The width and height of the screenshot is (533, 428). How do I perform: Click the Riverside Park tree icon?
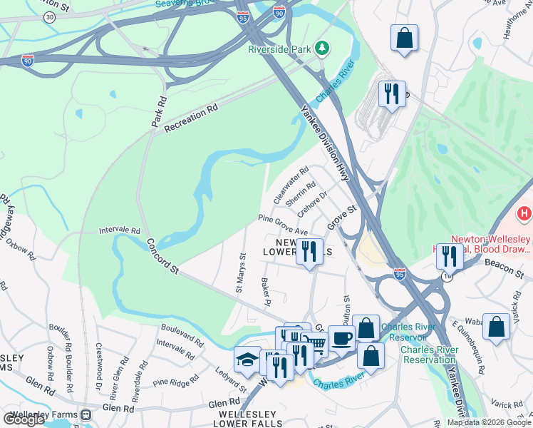click(x=323, y=48)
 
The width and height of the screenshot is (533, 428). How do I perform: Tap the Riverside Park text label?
click(x=281, y=49)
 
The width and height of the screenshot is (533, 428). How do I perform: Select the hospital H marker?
click(x=525, y=213)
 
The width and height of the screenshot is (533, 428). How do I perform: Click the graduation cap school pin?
click(x=247, y=358)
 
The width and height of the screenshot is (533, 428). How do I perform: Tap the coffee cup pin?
click(x=341, y=337)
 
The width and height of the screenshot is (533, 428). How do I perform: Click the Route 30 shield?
click(x=48, y=17)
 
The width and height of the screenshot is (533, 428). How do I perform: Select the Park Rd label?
click(x=158, y=112)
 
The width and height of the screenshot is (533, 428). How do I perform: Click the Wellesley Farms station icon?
click(x=86, y=414)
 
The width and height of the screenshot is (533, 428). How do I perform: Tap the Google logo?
click(x=24, y=419)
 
